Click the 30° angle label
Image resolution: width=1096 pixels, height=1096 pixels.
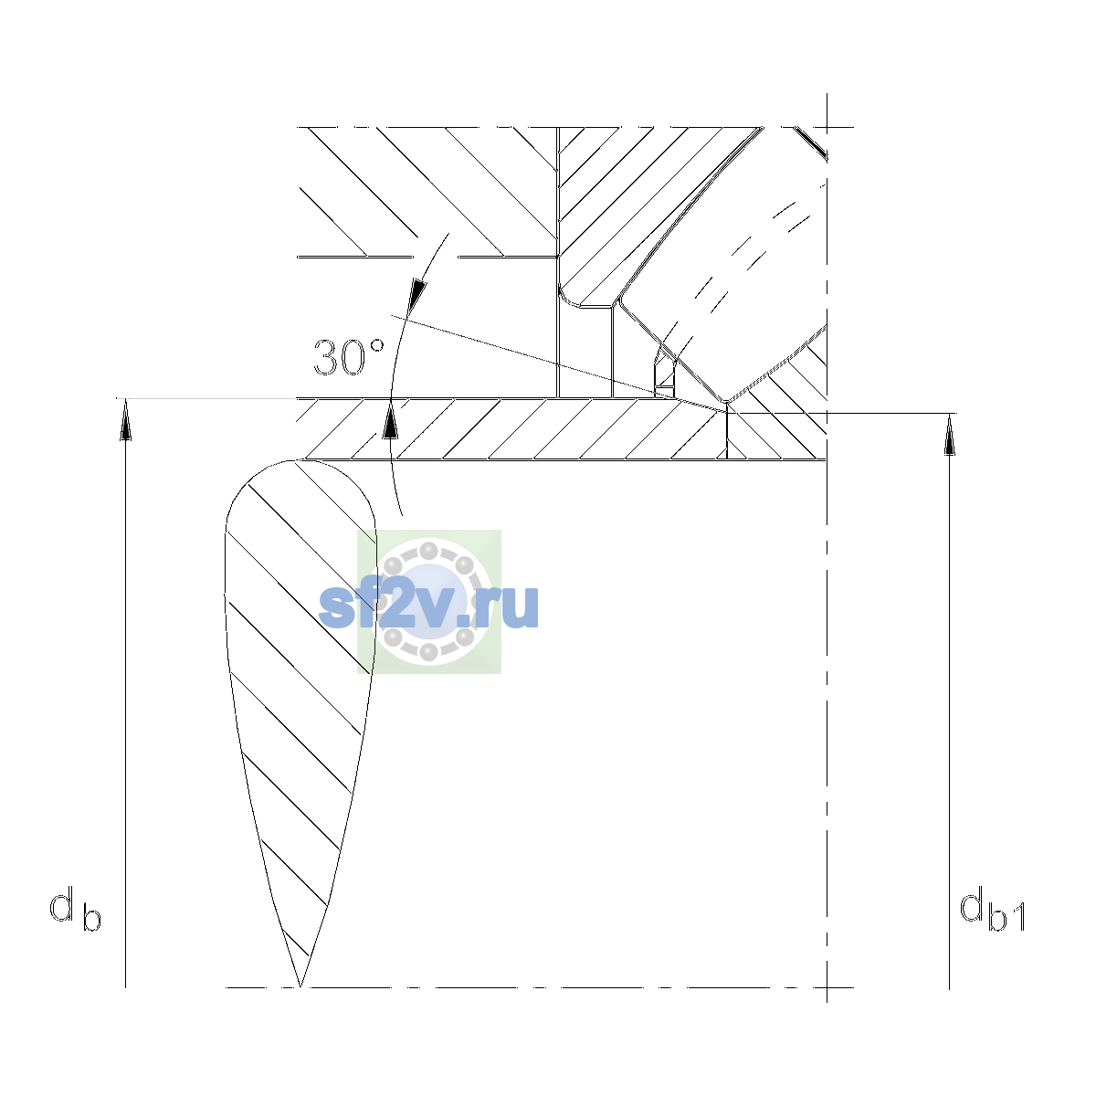(349, 357)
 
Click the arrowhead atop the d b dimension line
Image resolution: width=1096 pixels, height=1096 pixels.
(125, 419)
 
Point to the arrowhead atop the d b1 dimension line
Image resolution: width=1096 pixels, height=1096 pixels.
(949, 434)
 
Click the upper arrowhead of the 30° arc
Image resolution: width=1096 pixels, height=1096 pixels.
(417, 296)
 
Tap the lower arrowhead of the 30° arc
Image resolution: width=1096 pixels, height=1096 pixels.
(390, 420)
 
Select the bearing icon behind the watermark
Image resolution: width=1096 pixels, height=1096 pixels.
(429, 601)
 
